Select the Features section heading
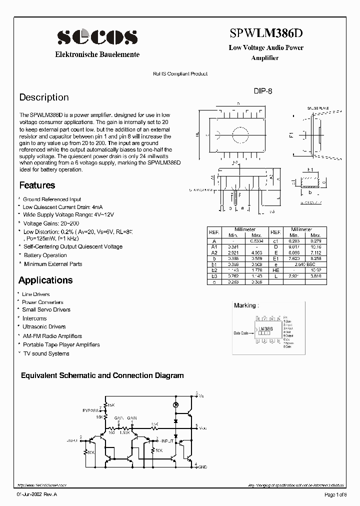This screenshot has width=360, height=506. (x=37, y=185)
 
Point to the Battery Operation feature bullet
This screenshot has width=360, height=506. (x=44, y=255)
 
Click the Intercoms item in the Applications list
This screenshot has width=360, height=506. (x=34, y=318)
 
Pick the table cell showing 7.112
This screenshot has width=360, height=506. (x=315, y=253)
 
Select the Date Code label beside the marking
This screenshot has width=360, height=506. (x=241, y=333)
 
